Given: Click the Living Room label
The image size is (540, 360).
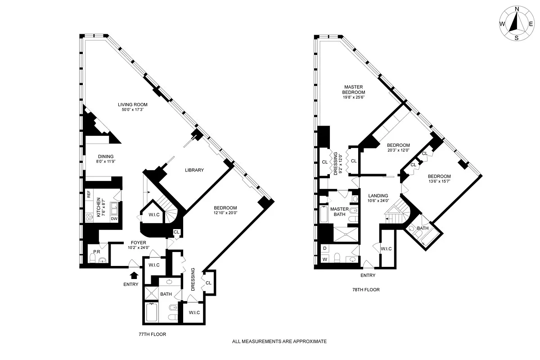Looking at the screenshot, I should click(x=130, y=104).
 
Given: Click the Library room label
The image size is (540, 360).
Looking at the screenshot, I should click(x=194, y=170).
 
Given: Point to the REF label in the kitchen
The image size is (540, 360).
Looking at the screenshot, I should click(x=89, y=194).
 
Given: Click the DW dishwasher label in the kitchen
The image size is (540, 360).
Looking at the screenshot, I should click(x=114, y=219).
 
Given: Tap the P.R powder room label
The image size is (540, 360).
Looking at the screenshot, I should click(x=96, y=252).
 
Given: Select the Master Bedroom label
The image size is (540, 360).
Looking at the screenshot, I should click(x=354, y=90).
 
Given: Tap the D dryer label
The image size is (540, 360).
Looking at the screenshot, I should click(x=324, y=248).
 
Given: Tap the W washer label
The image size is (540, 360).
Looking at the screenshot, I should click(x=324, y=260).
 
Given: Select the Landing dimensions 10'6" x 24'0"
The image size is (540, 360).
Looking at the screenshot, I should click(x=378, y=201).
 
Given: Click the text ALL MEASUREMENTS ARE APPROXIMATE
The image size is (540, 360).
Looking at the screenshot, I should click(x=279, y=342).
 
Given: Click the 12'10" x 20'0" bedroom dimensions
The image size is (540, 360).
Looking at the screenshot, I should click(x=226, y=213).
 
